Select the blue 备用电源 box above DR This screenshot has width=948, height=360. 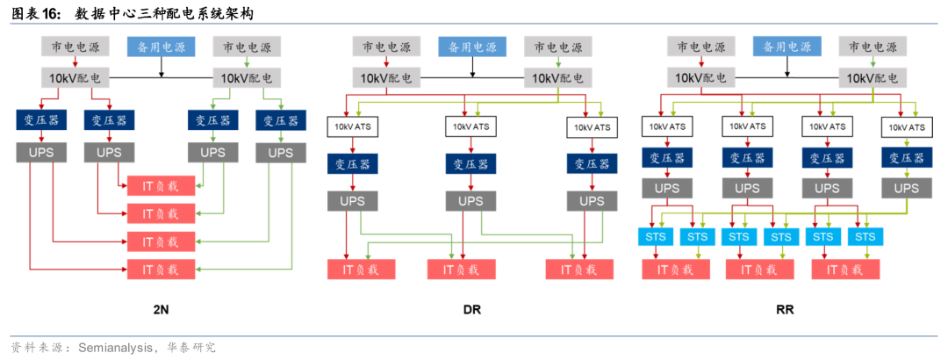[472, 47]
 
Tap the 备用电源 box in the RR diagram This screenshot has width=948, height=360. [786, 47]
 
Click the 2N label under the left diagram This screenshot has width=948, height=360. [161, 309]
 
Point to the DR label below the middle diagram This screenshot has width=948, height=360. [472, 309]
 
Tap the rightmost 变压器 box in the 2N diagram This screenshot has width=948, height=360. [281, 120]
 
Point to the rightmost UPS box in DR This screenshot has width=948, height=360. [586, 201]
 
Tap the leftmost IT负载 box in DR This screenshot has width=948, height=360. [353, 270]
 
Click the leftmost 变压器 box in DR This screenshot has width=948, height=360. [353, 164]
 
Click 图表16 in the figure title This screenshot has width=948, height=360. [35, 13]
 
